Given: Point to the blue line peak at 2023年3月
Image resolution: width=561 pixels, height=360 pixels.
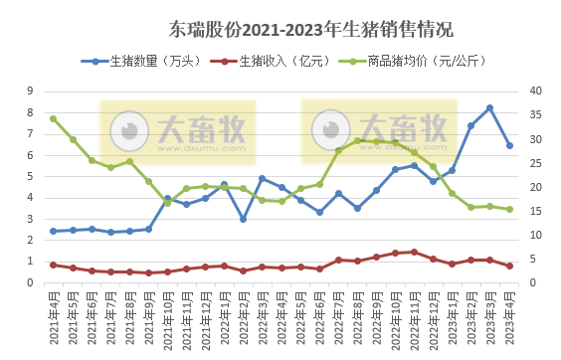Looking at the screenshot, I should [x=490, y=107].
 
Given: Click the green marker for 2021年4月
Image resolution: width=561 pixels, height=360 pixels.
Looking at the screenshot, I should [x=53, y=118].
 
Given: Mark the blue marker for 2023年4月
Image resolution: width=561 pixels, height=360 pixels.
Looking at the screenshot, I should [x=509, y=145].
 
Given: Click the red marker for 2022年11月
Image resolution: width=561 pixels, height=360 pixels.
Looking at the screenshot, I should [x=414, y=252].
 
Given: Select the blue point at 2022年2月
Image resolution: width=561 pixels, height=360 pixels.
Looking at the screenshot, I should [x=243, y=219].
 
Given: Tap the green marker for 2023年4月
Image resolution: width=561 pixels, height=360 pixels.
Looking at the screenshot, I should [x=509, y=209].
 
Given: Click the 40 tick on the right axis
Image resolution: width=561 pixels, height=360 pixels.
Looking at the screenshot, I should [x=533, y=90].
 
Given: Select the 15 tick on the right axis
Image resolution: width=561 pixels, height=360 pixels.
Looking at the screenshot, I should [x=533, y=211].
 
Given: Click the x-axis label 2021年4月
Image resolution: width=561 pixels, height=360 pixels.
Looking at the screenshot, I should [x=53, y=315].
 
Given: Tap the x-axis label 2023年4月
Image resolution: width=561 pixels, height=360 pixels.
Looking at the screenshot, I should [x=509, y=315].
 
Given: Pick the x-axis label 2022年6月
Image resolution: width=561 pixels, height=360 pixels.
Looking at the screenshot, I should [x=319, y=315].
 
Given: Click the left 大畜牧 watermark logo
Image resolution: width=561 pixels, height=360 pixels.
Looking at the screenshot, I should [x=177, y=131].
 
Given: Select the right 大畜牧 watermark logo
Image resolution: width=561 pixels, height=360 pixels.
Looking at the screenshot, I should [x=379, y=131].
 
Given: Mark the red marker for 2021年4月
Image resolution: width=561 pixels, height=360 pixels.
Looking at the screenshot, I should [x=53, y=265].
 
